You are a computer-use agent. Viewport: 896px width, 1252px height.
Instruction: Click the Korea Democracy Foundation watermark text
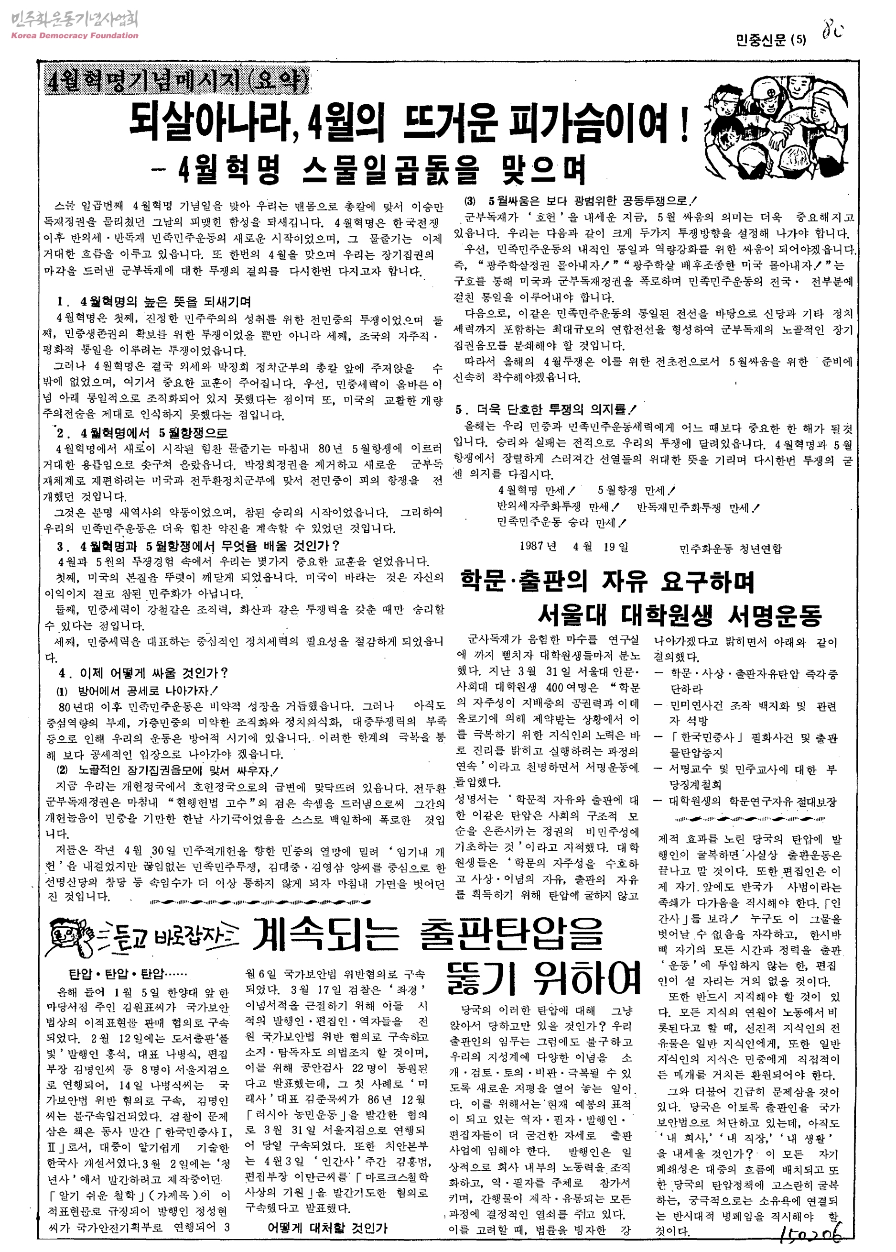click(x=74, y=36)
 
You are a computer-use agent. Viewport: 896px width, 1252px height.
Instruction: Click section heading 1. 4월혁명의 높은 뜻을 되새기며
click(x=154, y=302)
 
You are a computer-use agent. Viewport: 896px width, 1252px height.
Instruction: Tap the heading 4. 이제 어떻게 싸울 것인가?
click(x=143, y=673)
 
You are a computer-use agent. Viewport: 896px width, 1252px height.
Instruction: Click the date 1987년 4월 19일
click(x=574, y=547)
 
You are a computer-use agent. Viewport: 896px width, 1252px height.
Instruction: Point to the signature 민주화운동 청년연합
click(x=731, y=549)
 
